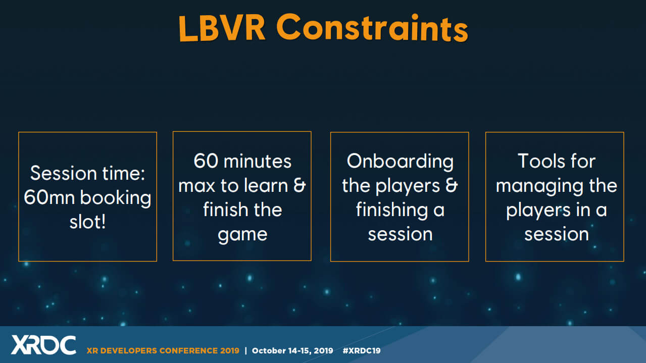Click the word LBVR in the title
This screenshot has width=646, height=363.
222,28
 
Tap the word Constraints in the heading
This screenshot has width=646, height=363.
372,28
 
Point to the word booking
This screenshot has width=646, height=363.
116,198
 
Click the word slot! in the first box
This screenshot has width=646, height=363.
88,222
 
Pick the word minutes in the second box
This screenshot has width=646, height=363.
258,161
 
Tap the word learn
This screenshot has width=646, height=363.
266,185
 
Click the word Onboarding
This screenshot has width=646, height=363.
400,162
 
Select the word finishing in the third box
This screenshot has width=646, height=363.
392,211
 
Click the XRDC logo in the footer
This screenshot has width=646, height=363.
43,345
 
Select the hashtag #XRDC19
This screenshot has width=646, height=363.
362,350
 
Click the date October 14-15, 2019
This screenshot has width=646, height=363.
292,350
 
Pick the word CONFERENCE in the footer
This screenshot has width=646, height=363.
188,350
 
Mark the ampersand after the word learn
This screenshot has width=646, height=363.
300,185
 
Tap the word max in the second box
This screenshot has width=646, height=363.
196,186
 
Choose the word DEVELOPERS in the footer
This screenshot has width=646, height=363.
128,350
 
